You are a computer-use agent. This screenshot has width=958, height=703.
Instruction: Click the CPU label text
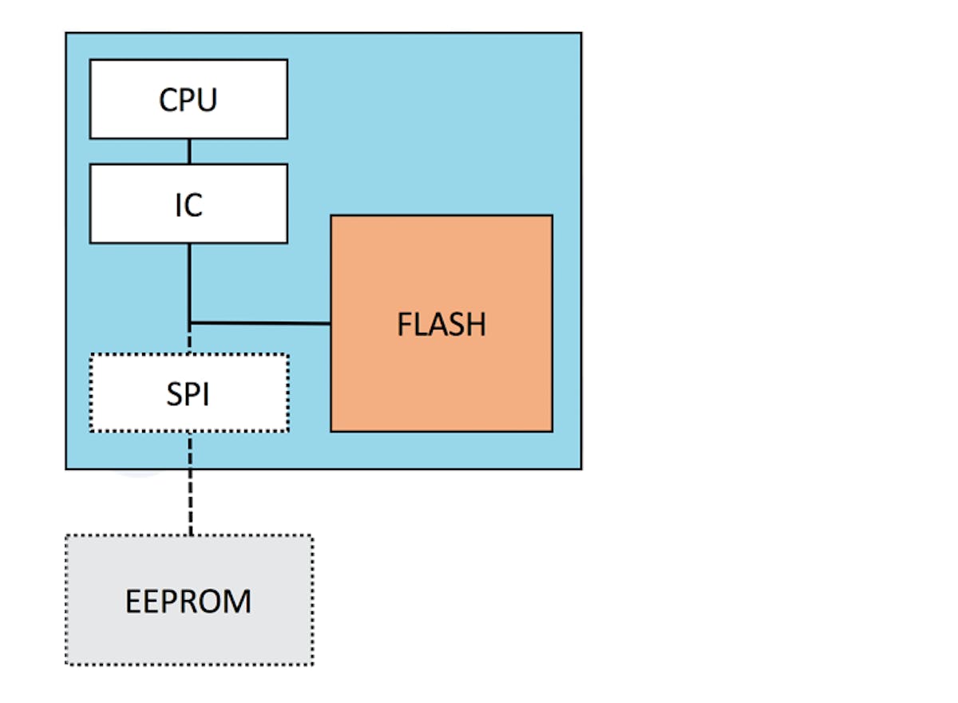click(x=188, y=101)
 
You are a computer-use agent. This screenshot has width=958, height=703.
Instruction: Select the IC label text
click(x=188, y=205)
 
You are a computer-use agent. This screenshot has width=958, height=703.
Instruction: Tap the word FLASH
click(x=441, y=325)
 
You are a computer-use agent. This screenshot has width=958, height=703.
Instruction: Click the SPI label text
click(x=188, y=394)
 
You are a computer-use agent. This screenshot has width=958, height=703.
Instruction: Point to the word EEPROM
click(x=188, y=602)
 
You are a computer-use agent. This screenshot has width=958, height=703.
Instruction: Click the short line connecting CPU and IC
click(x=189, y=151)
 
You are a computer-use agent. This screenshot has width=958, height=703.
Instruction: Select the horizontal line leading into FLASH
click(x=263, y=323)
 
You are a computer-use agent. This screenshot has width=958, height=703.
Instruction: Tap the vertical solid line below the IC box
click(x=189, y=279)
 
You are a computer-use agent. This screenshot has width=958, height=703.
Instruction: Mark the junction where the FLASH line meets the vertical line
click(x=190, y=323)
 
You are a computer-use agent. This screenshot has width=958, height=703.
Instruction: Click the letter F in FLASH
click(x=405, y=325)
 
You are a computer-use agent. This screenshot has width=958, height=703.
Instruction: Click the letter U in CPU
click(x=208, y=101)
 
